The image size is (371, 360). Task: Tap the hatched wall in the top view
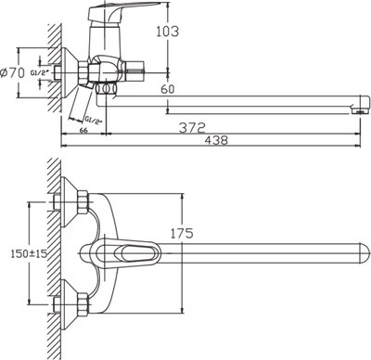point(56,251)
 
